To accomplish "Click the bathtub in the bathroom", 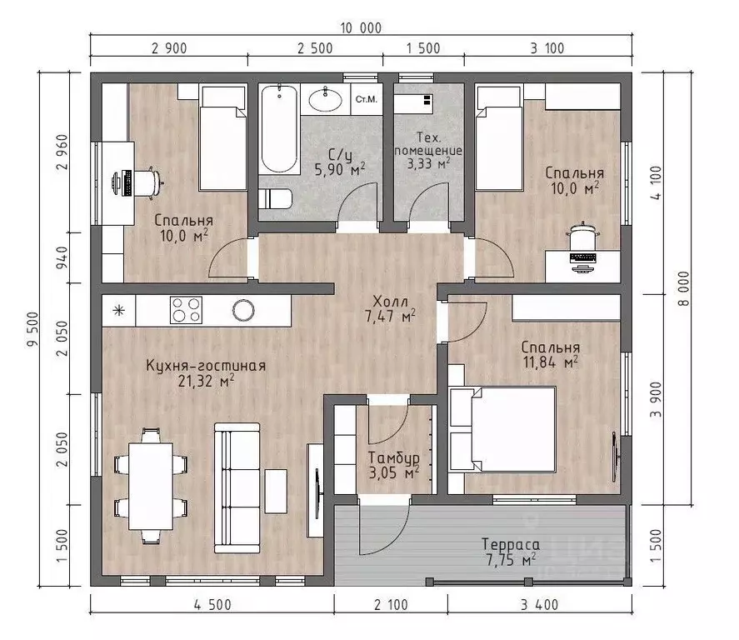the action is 279,128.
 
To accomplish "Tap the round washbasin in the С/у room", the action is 326,99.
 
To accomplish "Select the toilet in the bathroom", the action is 275,198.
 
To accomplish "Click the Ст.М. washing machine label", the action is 367,99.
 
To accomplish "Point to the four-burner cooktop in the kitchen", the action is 186,310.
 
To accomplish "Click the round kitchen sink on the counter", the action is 243,310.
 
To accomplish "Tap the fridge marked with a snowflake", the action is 119,310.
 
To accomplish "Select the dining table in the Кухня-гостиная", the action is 151,486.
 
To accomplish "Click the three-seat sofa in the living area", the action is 237,487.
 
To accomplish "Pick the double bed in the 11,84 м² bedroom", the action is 503,429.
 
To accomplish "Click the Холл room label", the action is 390,301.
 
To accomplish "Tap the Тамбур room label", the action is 393,457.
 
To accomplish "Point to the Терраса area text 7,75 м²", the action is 511,560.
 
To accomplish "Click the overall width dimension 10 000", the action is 361,28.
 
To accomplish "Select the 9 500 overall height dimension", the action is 32,329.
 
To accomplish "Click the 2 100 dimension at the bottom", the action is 391,605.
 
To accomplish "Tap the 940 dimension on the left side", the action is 62,257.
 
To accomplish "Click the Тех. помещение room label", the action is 428,143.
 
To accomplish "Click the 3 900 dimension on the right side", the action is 656,400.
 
